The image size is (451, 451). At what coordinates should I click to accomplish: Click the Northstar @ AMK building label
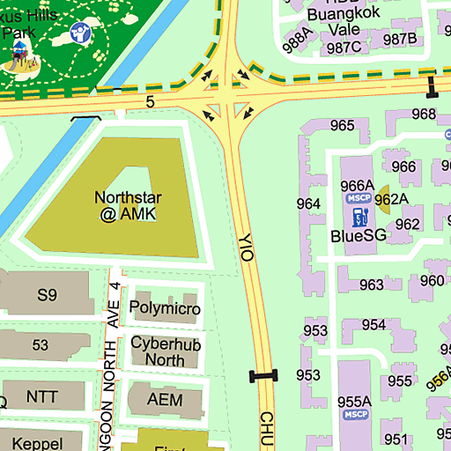tap(128, 205)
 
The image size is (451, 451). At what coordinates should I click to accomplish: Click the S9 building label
tap(47, 294)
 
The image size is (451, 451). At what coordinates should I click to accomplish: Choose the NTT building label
tap(41, 397)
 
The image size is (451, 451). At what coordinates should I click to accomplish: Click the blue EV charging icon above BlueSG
tap(359, 217)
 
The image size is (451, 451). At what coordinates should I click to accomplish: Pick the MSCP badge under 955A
tap(356, 415)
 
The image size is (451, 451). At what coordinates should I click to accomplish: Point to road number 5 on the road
tap(150, 102)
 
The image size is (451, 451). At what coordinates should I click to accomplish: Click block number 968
tap(424, 114)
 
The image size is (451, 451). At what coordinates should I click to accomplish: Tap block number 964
tap(308, 203)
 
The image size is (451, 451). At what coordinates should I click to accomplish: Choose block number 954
tap(373, 324)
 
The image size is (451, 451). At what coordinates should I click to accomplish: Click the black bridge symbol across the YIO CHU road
tap(263, 376)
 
